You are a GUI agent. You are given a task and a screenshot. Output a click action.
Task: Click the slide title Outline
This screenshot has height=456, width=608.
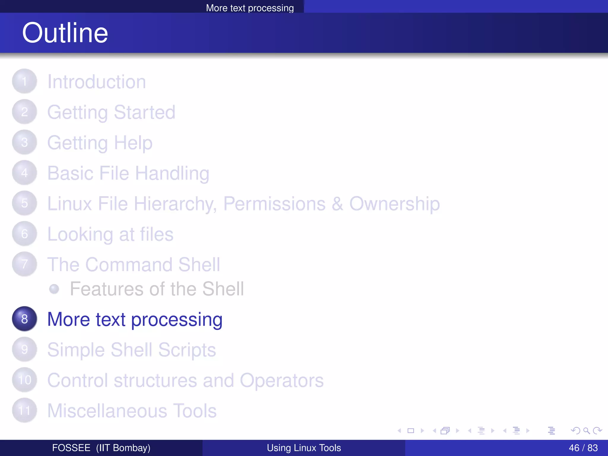point(65,33)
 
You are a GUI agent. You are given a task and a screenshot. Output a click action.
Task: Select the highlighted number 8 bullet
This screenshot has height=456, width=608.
point(25,319)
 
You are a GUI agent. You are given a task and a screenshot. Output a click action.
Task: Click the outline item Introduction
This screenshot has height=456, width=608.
point(96,82)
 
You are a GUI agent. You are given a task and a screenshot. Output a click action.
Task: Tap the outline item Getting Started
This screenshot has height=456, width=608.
point(111,113)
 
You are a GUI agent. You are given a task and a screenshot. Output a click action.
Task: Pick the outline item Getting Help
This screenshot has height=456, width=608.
point(100,143)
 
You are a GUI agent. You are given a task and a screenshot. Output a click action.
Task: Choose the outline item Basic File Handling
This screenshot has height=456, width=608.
point(128,173)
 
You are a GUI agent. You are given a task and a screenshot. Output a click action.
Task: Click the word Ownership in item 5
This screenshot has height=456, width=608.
point(394,204)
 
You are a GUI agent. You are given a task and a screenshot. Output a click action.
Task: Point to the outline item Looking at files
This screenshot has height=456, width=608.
point(110,235)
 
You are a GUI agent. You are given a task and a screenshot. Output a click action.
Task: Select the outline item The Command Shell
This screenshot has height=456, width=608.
point(134,265)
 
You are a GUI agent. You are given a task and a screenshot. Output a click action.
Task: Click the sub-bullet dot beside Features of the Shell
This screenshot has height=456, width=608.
point(54,289)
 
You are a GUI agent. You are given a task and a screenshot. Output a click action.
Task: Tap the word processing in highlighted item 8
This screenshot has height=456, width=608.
point(177,320)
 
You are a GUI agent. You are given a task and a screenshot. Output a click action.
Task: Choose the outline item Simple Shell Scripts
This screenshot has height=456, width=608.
point(132,350)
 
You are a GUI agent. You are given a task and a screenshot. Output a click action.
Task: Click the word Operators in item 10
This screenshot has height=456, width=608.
point(281,381)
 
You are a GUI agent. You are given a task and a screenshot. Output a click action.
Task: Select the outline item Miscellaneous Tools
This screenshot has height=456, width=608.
point(132,411)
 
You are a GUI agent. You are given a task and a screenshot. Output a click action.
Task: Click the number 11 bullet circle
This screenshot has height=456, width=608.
point(25,411)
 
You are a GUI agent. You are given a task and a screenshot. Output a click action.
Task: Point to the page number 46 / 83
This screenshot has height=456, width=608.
point(583,448)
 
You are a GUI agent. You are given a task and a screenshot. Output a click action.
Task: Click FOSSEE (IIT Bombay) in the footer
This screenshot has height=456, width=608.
point(101,448)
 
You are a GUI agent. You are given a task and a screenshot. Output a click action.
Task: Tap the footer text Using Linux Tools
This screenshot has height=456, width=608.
point(304,448)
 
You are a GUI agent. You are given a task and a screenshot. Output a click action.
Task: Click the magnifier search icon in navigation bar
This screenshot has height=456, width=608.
point(586,430)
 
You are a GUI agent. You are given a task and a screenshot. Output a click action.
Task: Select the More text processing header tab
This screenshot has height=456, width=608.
point(250,8)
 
